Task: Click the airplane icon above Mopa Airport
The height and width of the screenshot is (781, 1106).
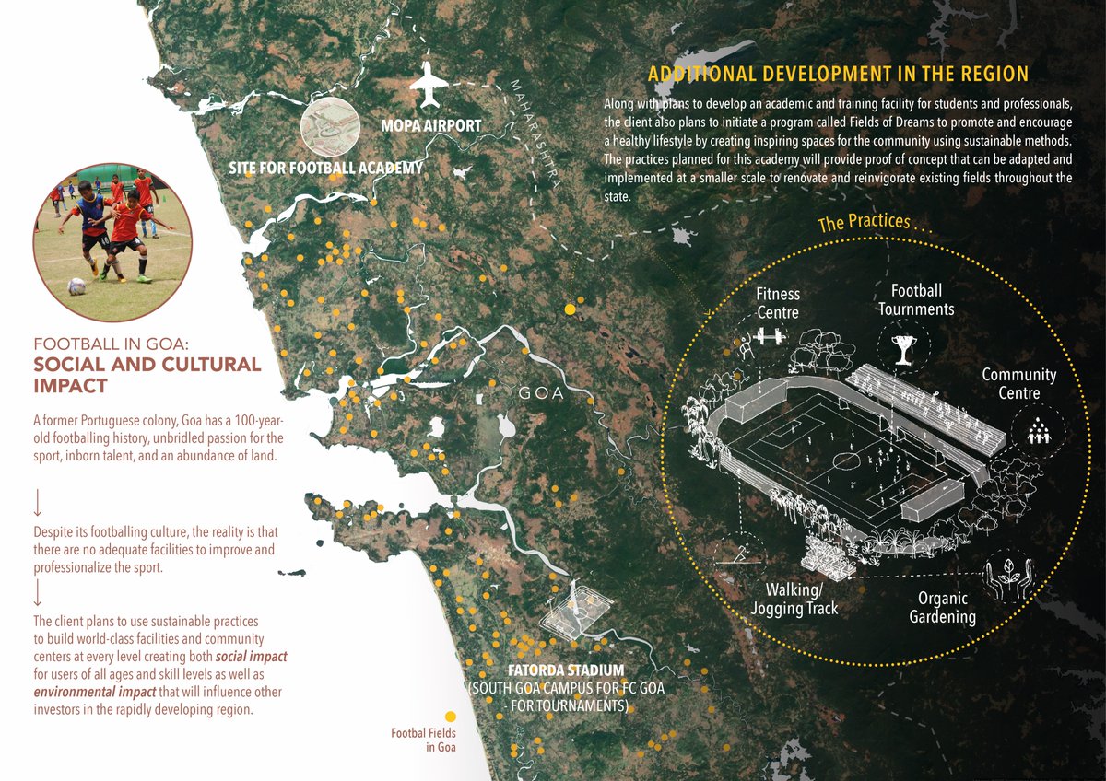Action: [x=428, y=87]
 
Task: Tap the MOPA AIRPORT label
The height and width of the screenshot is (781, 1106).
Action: [x=431, y=124]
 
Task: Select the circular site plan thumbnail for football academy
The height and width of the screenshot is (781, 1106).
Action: [x=329, y=129]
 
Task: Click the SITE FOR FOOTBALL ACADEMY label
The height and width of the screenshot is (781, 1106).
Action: [x=325, y=168]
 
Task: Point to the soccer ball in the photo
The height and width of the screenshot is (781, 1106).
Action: [x=76, y=286]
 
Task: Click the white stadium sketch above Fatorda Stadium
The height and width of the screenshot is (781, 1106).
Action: [x=573, y=610]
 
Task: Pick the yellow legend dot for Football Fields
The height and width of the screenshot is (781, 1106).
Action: [x=450, y=716]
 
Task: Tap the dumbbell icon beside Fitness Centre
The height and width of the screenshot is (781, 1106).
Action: [x=767, y=338]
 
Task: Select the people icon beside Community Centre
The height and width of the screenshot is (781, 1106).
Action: [x=1038, y=431]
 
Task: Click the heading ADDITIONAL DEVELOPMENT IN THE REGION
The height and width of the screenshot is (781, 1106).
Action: [x=838, y=74]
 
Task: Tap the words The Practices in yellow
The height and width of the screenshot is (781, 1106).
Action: [x=863, y=223]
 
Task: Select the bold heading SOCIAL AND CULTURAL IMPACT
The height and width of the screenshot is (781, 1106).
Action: [x=147, y=374]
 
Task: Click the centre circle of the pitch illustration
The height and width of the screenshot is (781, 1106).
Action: [x=844, y=459]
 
